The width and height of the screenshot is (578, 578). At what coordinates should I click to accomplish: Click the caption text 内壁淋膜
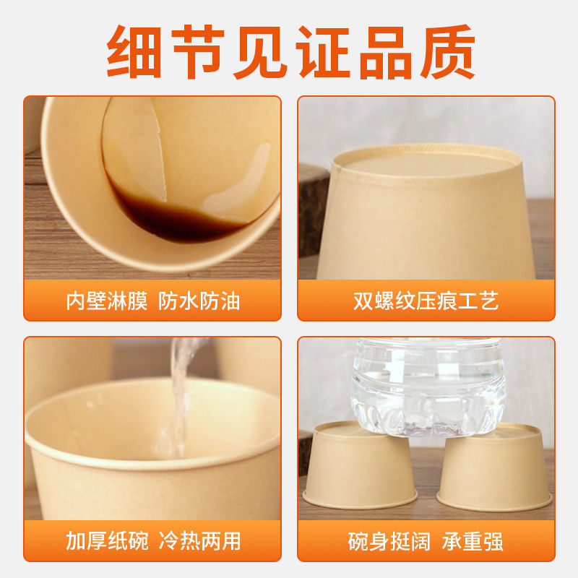coord(106,301)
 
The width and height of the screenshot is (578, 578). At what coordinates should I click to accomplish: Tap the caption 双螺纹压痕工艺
coord(426,301)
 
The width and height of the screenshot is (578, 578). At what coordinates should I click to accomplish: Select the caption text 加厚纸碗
coord(106,540)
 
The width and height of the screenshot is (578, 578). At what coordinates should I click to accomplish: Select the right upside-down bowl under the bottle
coord(495,466)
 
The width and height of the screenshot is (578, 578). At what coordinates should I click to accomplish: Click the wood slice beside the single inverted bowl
coord(312,210)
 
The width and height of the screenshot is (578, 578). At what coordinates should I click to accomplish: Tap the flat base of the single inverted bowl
coord(426,160)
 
